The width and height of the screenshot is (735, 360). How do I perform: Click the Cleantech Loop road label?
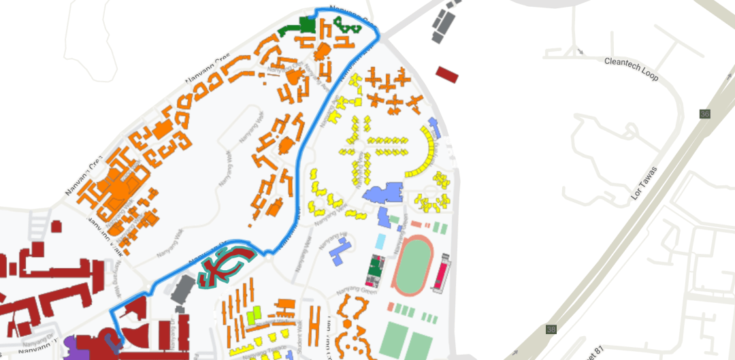[x=631, y=69]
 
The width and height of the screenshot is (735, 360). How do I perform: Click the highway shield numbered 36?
[x=704, y=114]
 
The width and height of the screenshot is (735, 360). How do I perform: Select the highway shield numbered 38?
[x=551, y=330]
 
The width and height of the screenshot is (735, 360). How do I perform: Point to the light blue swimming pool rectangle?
[x=380, y=242]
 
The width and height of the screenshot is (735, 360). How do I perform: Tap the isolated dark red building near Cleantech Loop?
[x=447, y=74]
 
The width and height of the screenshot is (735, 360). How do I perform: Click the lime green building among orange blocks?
[x=254, y=315]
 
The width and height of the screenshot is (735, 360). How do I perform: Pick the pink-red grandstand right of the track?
[x=442, y=274]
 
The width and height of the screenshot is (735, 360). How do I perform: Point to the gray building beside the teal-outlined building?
[x=182, y=289]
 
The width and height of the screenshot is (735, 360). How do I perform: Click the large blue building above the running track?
[x=385, y=193]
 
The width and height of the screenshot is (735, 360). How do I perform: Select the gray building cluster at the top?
[x=445, y=23]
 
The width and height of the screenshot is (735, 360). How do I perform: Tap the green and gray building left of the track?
[x=374, y=271]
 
